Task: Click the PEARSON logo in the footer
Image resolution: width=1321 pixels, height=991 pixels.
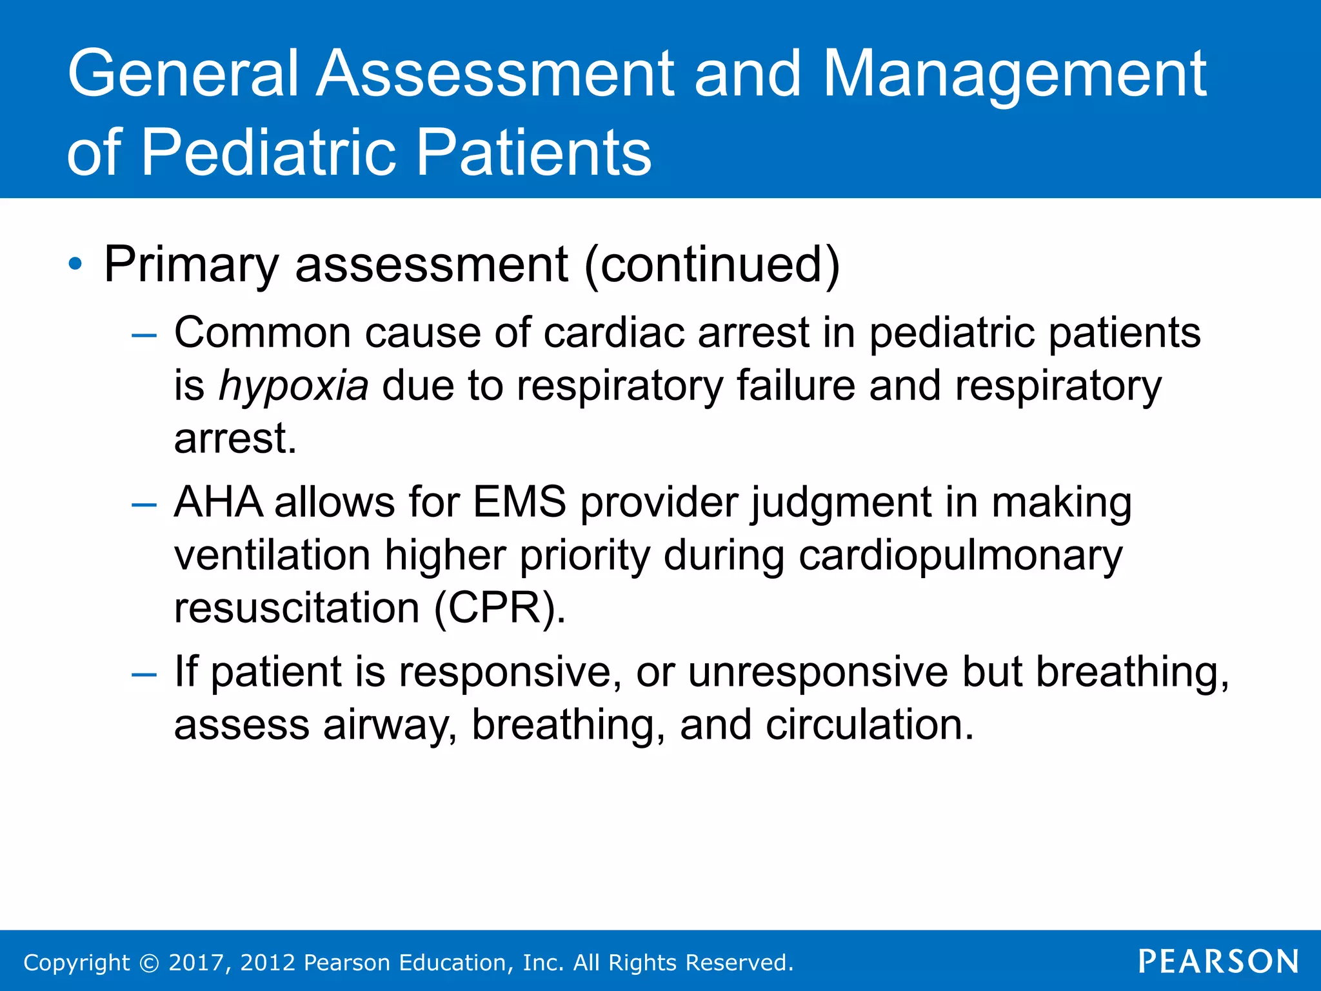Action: coord(1218,961)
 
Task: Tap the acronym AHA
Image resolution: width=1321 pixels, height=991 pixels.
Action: coord(219,502)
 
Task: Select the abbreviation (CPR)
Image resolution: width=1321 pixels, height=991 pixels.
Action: coord(499,608)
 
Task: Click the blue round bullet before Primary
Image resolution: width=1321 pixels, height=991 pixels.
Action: coord(75,264)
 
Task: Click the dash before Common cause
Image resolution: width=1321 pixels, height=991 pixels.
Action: coord(143,335)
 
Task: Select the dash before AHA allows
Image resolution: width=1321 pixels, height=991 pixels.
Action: coord(143,504)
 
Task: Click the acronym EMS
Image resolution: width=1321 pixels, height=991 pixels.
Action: coord(519,502)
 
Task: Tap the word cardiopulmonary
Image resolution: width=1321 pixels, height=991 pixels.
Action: coord(960,556)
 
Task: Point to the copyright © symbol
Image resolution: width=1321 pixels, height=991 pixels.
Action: coord(149,963)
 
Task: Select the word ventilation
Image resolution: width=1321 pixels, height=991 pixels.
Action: coord(272,555)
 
